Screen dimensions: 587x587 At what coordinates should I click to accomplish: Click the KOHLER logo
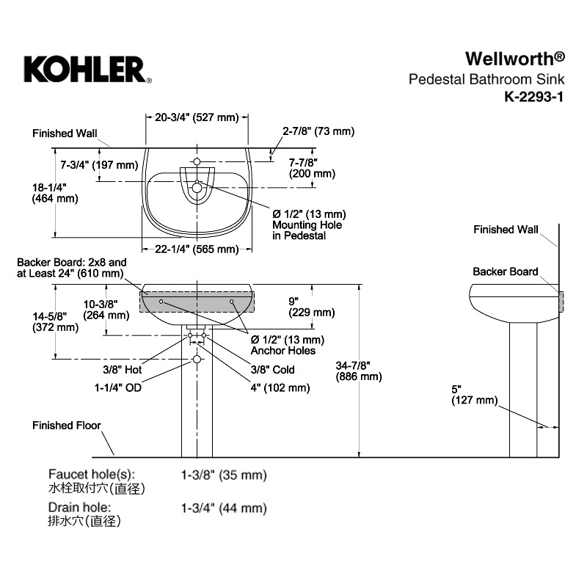tap(88, 70)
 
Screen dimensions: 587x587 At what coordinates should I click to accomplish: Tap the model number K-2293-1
tap(533, 97)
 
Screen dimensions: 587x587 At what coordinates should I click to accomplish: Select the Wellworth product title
tap(515, 59)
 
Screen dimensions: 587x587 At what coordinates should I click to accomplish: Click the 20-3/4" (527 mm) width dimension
tap(197, 117)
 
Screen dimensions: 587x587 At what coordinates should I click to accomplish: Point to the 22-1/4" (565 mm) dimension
tap(197, 249)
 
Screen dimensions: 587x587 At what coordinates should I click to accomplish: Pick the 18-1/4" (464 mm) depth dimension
tap(55, 193)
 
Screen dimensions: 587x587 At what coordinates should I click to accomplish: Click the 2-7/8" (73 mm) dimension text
tap(318, 131)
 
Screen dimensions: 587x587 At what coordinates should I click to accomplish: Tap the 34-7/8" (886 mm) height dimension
tap(359, 371)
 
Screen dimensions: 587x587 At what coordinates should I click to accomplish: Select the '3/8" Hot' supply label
tap(123, 370)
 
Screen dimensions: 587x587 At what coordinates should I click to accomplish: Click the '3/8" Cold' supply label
tap(272, 370)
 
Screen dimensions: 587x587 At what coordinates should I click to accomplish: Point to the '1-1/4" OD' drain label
tap(118, 387)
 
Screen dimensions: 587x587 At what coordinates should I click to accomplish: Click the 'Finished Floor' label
tap(67, 426)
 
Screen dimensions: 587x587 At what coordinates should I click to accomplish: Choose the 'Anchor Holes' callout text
tap(283, 351)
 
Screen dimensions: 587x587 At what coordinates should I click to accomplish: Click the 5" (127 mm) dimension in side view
tap(474, 395)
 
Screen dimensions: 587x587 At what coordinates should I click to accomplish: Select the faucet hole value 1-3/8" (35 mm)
tap(224, 475)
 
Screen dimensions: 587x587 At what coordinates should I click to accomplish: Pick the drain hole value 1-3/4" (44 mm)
tap(224, 508)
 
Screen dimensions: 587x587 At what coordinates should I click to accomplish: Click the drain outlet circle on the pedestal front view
tap(197, 360)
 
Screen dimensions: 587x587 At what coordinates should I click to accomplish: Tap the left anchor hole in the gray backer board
tap(161, 302)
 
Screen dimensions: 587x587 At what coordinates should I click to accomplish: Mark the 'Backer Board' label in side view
tap(505, 271)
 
